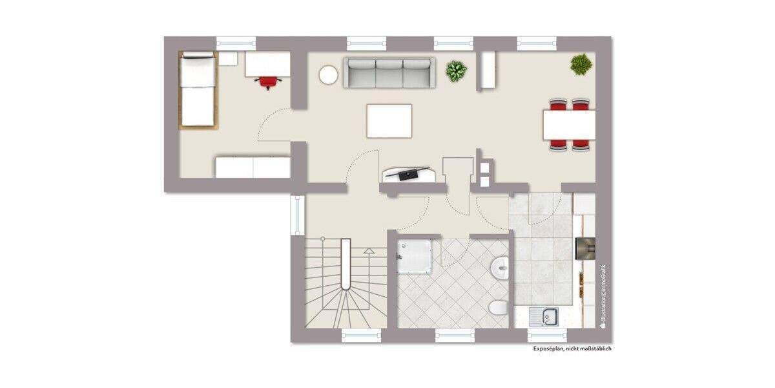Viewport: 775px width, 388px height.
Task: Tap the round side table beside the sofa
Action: click(x=329, y=76)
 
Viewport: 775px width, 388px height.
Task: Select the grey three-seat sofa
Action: click(x=389, y=72)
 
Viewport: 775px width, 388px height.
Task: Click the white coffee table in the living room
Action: click(x=389, y=121)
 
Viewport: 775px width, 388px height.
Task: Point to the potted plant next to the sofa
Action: click(x=457, y=70)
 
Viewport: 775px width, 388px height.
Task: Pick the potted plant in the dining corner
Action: click(x=581, y=64)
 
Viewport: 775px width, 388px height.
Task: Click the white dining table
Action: click(x=569, y=125)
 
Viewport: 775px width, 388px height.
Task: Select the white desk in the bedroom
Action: click(x=267, y=64)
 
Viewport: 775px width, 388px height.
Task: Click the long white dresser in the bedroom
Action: click(x=252, y=166)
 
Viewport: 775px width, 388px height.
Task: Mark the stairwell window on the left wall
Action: click(x=297, y=215)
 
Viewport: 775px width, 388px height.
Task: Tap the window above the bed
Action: click(x=236, y=43)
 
